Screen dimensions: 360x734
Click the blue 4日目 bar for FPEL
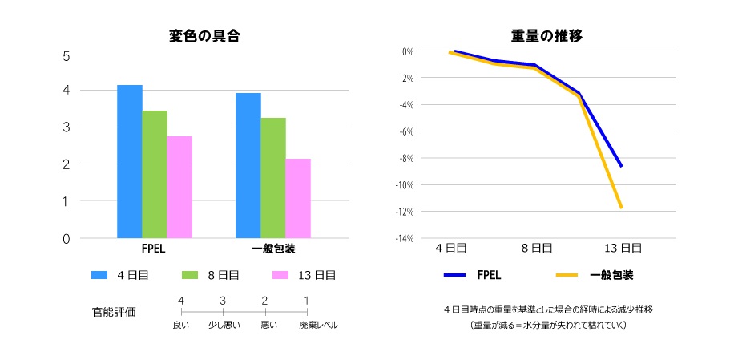click(x=130, y=161)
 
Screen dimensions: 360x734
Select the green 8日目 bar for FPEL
click(x=155, y=174)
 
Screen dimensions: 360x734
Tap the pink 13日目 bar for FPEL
click(x=179, y=187)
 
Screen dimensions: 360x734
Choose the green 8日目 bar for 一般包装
click(x=273, y=178)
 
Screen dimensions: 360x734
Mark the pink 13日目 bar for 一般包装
click(x=298, y=198)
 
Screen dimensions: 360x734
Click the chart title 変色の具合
click(x=204, y=36)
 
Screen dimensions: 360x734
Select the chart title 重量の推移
click(x=546, y=36)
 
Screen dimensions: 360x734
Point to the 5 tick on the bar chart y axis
click(x=67, y=56)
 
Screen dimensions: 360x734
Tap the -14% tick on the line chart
click(x=403, y=238)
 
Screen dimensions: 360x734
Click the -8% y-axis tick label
click(x=405, y=158)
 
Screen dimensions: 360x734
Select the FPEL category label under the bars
click(x=154, y=249)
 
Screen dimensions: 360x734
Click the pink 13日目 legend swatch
click(x=280, y=275)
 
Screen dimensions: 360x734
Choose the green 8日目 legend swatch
click(x=192, y=275)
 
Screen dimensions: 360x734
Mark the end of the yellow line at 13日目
click(x=621, y=207)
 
